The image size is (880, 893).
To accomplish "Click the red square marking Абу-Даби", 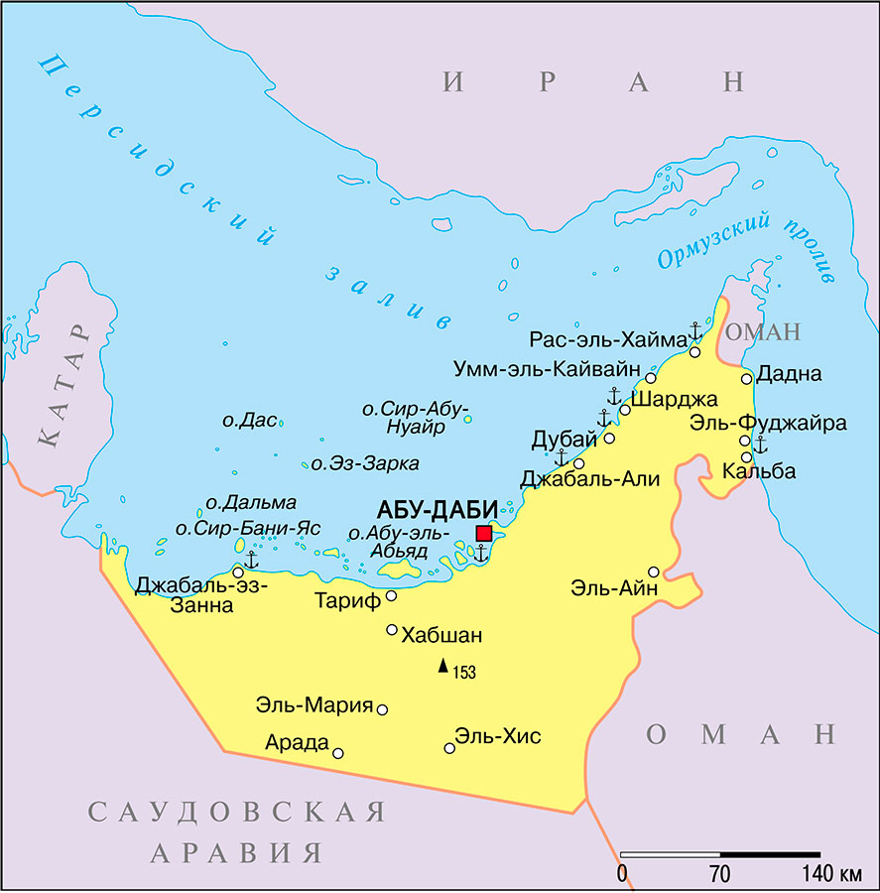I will [x=484, y=534].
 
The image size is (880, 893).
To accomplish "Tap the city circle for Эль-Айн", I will [x=654, y=572].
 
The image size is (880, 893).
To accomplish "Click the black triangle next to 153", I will [x=443, y=667].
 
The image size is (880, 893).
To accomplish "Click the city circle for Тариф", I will [x=391, y=596].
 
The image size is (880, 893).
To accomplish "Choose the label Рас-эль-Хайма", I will [x=607, y=339].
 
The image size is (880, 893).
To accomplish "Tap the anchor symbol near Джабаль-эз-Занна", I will [x=251, y=561].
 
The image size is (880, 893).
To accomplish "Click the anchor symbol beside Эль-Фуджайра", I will [x=761, y=445].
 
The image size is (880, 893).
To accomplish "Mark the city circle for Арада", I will [x=338, y=753].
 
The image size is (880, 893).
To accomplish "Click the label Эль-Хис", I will [x=498, y=736].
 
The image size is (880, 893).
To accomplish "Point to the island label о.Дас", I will [x=248, y=420].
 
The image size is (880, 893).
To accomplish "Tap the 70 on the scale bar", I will [x=720, y=875].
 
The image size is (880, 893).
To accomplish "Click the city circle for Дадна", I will [x=746, y=378].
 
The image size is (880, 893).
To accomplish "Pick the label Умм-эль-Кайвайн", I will [x=547, y=369].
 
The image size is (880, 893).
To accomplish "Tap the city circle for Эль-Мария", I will [x=382, y=709].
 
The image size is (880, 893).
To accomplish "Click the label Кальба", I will [x=759, y=471].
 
